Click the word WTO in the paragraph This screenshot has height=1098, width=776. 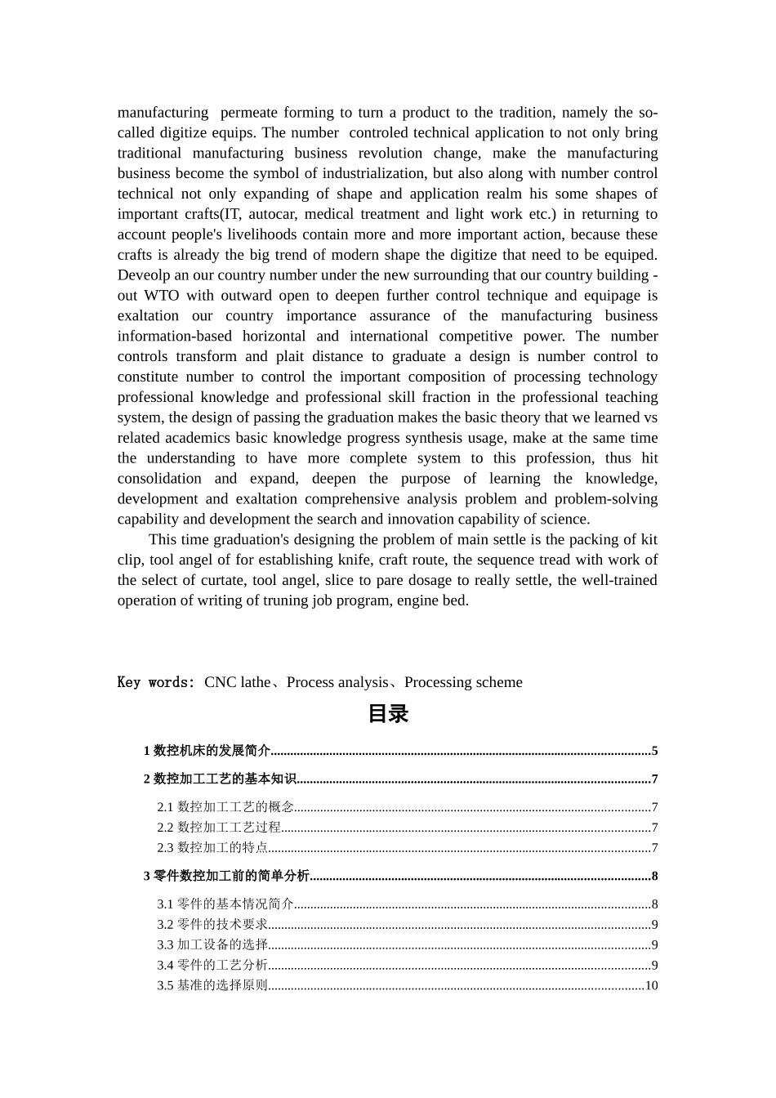162,296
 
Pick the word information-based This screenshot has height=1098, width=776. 168,337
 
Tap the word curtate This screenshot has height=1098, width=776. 221,580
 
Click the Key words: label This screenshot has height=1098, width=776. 156,682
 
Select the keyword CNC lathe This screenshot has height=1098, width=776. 237,682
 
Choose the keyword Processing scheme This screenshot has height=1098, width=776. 463,682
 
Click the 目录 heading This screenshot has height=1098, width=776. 387,714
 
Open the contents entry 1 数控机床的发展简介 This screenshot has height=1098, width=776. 207,752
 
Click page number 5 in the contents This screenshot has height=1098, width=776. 654,752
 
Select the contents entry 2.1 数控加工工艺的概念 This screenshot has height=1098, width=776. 225,807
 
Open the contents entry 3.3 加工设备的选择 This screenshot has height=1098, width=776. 212,945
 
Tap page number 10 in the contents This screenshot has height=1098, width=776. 651,986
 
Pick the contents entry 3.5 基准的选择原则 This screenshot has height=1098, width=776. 212,986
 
